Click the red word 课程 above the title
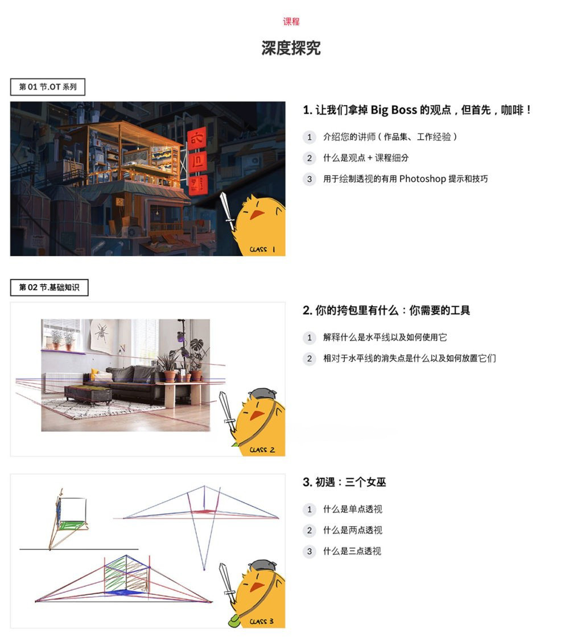tap(291, 22)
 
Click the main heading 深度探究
tap(291, 48)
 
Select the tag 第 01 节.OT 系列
tap(48, 87)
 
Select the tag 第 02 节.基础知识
tap(50, 288)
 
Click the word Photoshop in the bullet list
tap(422, 179)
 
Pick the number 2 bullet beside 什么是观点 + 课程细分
tap(309, 158)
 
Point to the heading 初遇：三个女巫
tap(344, 482)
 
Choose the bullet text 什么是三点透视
tap(352, 551)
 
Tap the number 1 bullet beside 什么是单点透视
tap(309, 509)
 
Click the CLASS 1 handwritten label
tap(262, 249)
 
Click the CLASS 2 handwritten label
tap(262, 449)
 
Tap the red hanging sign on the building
tap(197, 162)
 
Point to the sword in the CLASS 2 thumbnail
tap(227, 413)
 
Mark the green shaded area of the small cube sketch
tap(72, 526)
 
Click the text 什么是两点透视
tap(352, 530)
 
